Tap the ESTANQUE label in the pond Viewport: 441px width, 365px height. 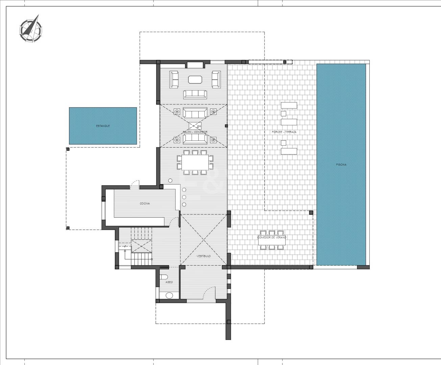click(103, 126)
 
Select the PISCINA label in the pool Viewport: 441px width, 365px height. click(341, 165)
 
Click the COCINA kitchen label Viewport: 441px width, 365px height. click(145, 203)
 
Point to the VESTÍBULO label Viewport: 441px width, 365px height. click(203, 256)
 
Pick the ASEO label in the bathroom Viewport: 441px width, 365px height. click(169, 282)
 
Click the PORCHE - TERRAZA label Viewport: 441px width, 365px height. click(284, 132)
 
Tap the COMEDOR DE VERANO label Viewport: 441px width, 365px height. click(272, 237)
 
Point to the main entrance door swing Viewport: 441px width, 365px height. click(209, 293)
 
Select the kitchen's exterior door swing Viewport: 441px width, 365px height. click(135, 184)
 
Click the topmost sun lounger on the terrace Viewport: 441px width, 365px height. click(289, 105)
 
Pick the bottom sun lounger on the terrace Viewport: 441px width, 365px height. click(289, 151)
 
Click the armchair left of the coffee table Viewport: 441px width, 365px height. click(174, 79)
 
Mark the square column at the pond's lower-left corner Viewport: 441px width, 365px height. click(68, 149)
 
